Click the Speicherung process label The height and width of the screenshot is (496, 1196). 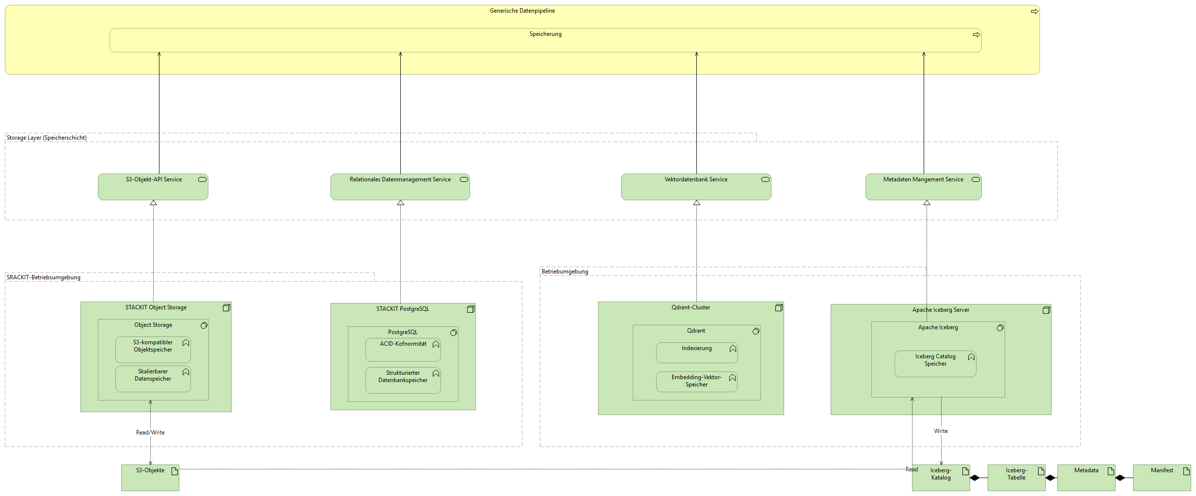click(545, 34)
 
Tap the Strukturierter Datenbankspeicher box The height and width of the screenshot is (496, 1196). click(403, 380)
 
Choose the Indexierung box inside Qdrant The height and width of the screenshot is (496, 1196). click(696, 352)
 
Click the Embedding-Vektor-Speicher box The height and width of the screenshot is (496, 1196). click(696, 382)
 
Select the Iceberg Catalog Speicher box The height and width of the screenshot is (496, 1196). click(935, 364)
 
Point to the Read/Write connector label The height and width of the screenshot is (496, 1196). click(150, 432)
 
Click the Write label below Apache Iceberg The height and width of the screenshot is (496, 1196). click(941, 431)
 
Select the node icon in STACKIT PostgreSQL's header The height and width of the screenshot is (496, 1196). click(470, 309)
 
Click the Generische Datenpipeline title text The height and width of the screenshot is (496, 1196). click(522, 11)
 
